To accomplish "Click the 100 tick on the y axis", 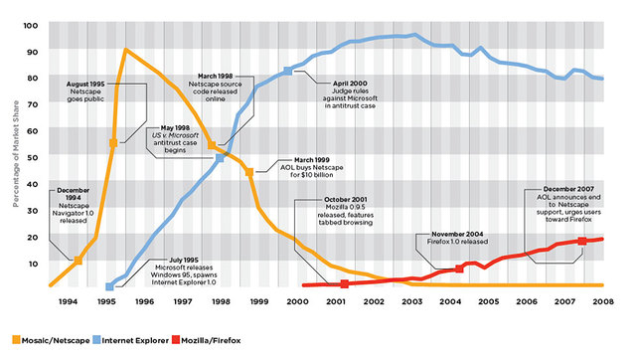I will point(30,25).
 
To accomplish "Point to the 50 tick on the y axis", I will point(32,156).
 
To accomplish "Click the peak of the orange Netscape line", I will point(125,50).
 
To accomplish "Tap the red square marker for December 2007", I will point(582,242).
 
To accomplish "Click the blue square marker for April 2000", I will point(288,71).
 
